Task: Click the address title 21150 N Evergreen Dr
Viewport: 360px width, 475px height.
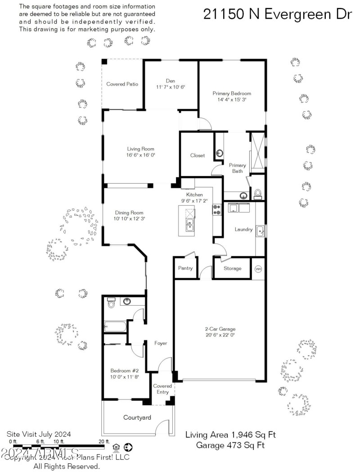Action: (x=277, y=14)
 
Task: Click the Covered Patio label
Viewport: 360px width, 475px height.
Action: (x=122, y=84)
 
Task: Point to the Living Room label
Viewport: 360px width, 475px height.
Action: (x=140, y=149)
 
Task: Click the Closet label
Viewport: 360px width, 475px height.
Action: (x=197, y=155)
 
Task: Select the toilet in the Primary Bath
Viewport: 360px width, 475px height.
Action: (x=258, y=194)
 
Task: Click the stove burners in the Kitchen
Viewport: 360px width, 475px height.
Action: (x=217, y=209)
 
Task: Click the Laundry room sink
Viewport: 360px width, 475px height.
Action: (x=261, y=231)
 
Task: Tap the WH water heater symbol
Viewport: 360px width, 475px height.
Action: (x=258, y=269)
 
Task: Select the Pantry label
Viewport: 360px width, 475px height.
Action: (x=185, y=268)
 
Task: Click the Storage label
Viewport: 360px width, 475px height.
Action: (x=233, y=268)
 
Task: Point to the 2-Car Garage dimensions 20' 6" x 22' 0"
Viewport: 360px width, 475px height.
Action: (x=220, y=335)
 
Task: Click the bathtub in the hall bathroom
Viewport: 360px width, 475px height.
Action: (x=116, y=326)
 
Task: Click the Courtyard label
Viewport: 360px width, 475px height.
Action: (x=137, y=418)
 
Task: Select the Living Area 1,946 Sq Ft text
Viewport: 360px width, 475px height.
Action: (x=230, y=435)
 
